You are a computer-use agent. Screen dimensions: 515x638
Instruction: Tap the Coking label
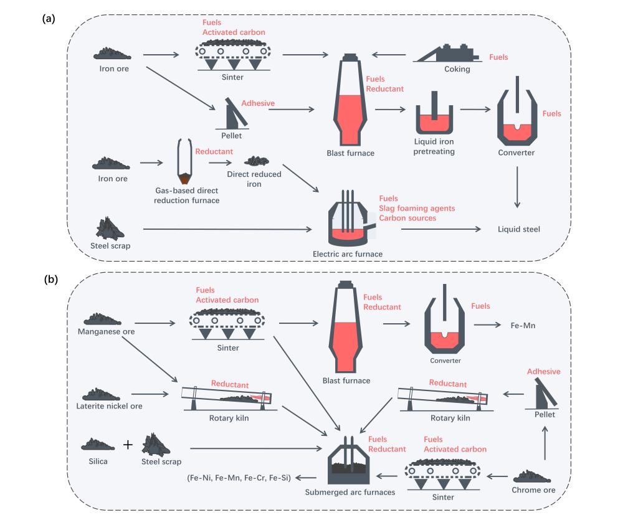pos(457,69)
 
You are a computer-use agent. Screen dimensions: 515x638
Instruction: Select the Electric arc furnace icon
pos(348,225)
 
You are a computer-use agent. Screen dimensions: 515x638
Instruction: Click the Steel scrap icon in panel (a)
pos(111,228)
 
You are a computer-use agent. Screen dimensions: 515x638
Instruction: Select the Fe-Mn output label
pos(523,325)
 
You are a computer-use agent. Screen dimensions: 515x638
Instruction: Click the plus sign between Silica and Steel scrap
pos(128,445)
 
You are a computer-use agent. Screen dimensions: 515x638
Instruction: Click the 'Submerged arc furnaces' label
pos(350,493)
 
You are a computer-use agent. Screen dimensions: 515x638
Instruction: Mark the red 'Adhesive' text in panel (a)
pos(258,103)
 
